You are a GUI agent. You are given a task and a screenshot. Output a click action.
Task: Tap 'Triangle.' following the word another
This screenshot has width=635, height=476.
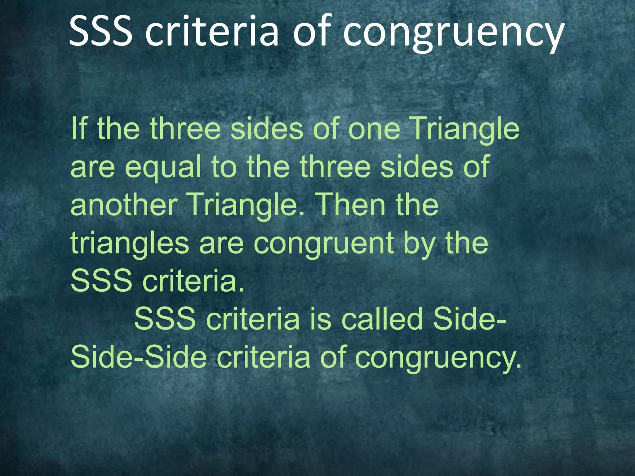[x=247, y=206]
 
